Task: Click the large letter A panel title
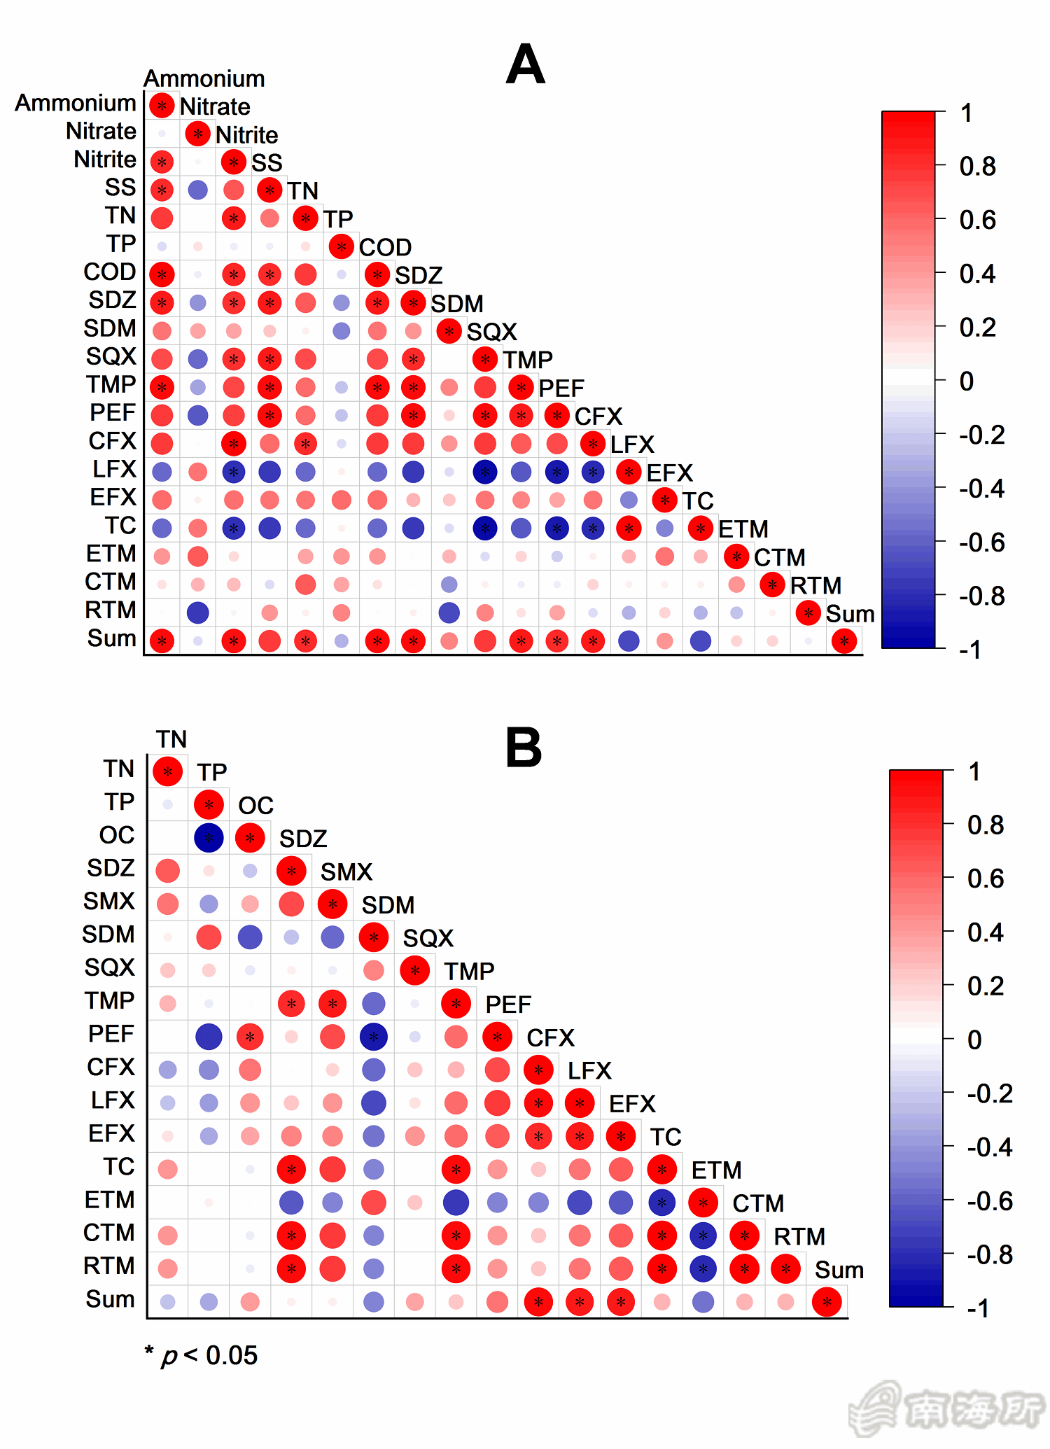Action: [525, 64]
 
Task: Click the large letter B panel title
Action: [524, 748]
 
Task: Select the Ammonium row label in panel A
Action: [76, 103]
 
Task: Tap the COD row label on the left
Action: [109, 272]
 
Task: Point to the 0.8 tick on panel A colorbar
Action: [977, 167]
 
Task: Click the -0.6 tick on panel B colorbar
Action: [989, 1201]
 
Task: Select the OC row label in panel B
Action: [116, 835]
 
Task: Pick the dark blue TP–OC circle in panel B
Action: [209, 838]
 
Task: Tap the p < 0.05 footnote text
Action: [202, 1356]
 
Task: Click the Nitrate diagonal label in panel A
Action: [215, 106]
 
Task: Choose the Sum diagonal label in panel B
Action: [839, 1270]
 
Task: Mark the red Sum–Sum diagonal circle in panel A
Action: [844, 640]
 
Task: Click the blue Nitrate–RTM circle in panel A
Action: [198, 612]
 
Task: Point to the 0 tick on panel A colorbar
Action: [967, 381]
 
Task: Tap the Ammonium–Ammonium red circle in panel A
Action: [162, 106]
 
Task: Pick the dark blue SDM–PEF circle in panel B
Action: [374, 1037]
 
